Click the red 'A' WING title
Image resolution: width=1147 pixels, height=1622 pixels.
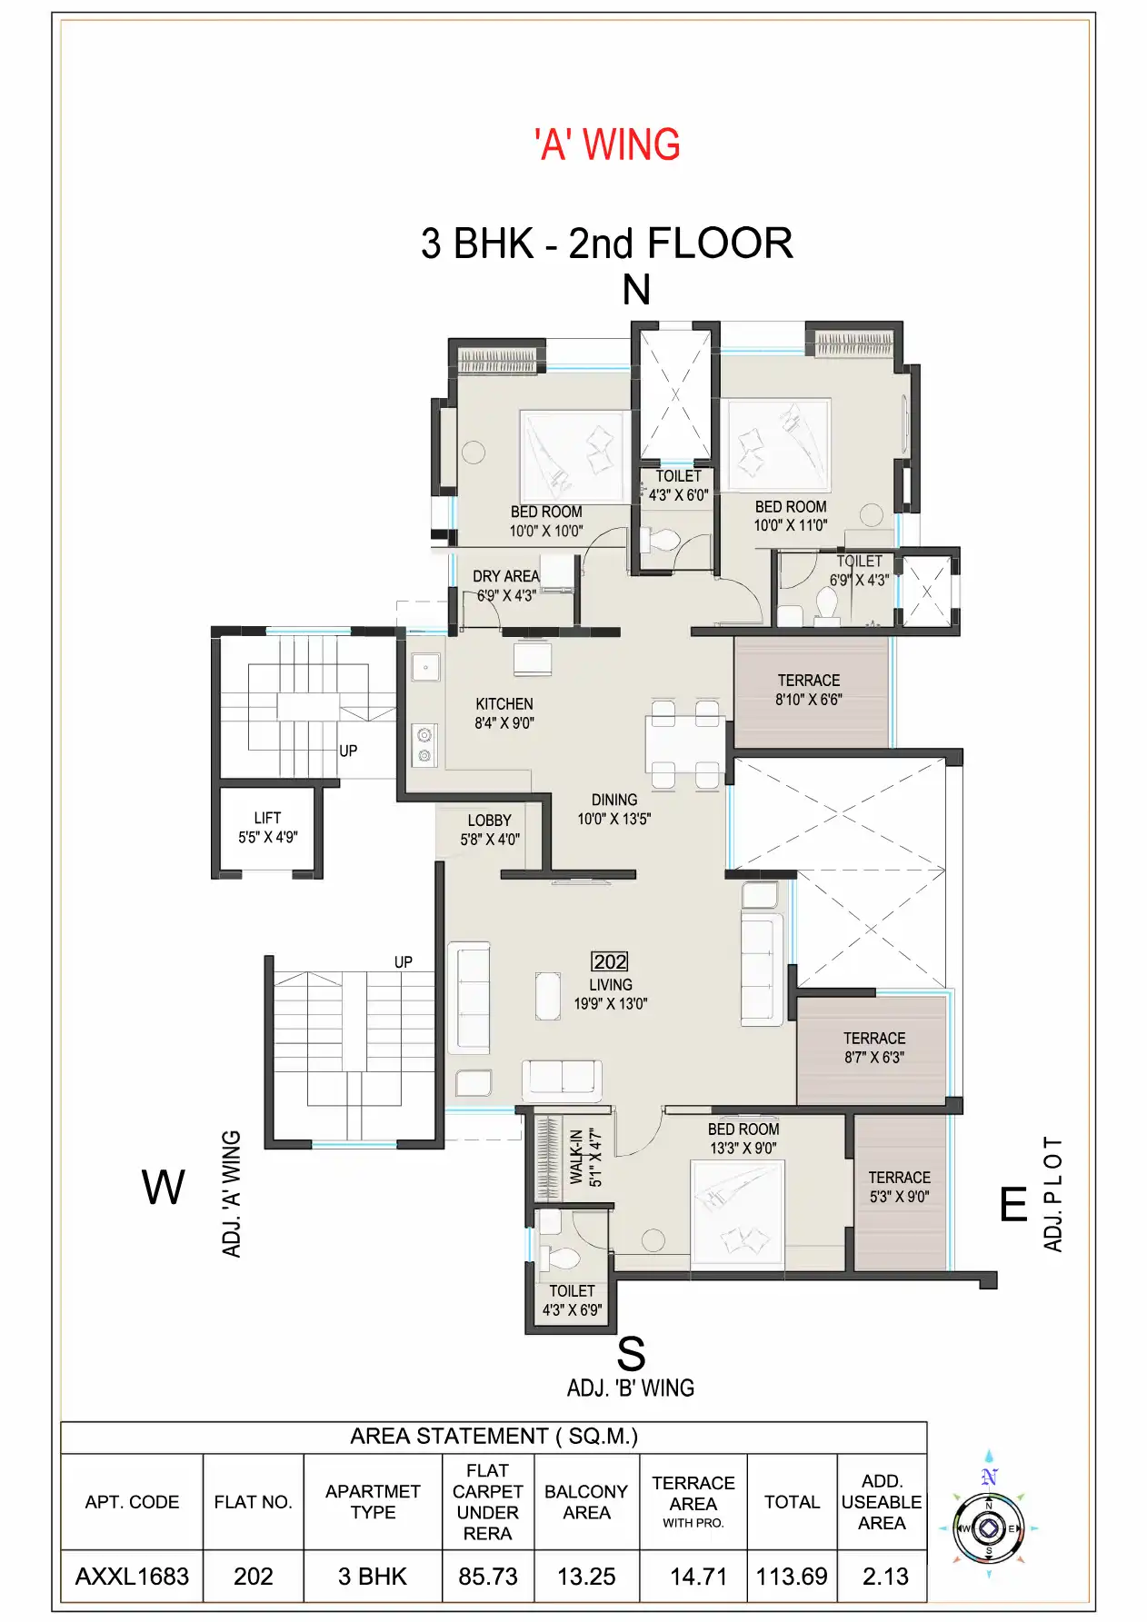click(607, 145)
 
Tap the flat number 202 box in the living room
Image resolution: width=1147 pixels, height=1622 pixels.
click(609, 961)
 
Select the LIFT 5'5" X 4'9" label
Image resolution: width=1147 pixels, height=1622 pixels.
click(267, 828)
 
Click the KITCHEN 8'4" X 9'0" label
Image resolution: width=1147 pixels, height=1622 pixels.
click(504, 713)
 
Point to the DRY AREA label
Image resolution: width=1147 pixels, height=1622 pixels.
click(505, 577)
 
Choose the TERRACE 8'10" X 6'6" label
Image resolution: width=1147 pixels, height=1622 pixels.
click(808, 690)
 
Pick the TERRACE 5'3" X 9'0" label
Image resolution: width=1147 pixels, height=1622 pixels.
click(899, 1187)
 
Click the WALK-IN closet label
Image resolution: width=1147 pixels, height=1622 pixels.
click(576, 1157)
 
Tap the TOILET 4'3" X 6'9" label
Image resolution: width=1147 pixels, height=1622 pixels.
click(572, 1300)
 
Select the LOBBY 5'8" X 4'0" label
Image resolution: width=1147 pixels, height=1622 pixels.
click(489, 830)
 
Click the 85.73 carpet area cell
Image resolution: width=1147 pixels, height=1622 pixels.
click(488, 1577)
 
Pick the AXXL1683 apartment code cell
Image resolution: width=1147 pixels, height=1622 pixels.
click(132, 1577)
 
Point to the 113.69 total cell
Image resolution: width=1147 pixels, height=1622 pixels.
click(792, 1577)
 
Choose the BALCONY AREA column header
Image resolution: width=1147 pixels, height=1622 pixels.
click(586, 1502)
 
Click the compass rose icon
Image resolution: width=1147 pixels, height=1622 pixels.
click(989, 1528)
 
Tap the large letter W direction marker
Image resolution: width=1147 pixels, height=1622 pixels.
click(164, 1188)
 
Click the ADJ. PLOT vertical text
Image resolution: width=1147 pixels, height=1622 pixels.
click(1052, 1193)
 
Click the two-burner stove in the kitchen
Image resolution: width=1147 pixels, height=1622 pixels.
click(424, 744)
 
